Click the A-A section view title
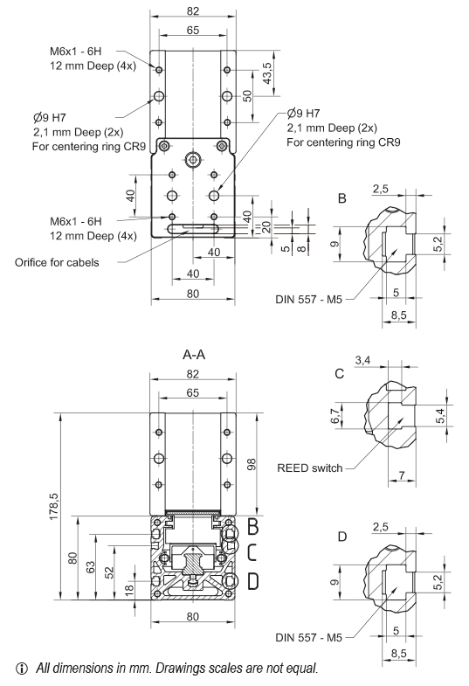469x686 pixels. pyautogui.click(x=193, y=357)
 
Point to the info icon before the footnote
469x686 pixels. pyautogui.click(x=11, y=669)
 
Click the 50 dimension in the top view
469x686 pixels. pyautogui.click(x=247, y=95)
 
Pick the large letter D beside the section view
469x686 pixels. pyautogui.click(x=252, y=579)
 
